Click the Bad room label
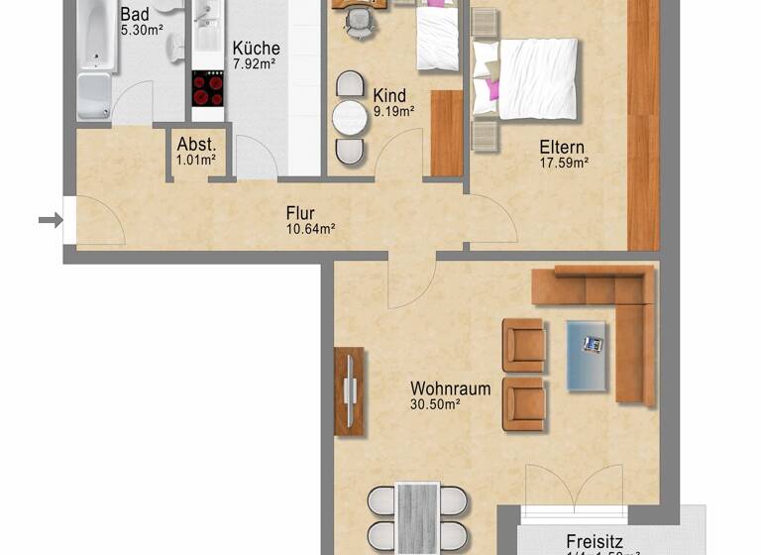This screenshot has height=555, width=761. (135, 15)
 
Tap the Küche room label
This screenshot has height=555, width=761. (256, 48)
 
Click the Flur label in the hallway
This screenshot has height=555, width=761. (300, 212)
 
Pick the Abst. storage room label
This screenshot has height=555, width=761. (196, 142)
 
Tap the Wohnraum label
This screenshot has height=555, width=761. (450, 388)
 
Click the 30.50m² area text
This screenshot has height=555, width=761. (435, 404)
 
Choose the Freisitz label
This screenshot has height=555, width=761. (595, 541)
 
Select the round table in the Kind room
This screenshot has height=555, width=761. (350, 118)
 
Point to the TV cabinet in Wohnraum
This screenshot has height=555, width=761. (349, 390)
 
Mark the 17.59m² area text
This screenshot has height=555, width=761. (564, 163)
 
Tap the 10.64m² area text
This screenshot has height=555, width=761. (310, 229)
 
